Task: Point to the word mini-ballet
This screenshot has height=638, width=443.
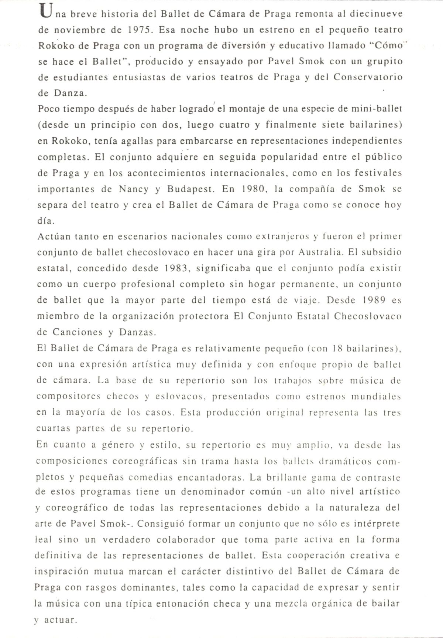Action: pos(377,109)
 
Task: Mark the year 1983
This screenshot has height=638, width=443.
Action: pos(177,268)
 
